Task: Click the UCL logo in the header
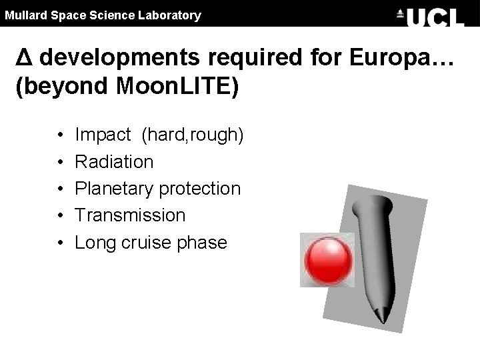point(430,15)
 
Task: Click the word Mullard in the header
point(24,15)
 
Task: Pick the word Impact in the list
point(103,135)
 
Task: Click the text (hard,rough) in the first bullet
point(193,135)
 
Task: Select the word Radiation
point(114,162)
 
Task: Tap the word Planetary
point(114,189)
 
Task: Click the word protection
point(199,189)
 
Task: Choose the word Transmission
point(130,215)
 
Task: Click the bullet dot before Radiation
point(60,163)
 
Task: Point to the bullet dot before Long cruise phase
point(60,243)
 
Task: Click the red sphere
point(327,261)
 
